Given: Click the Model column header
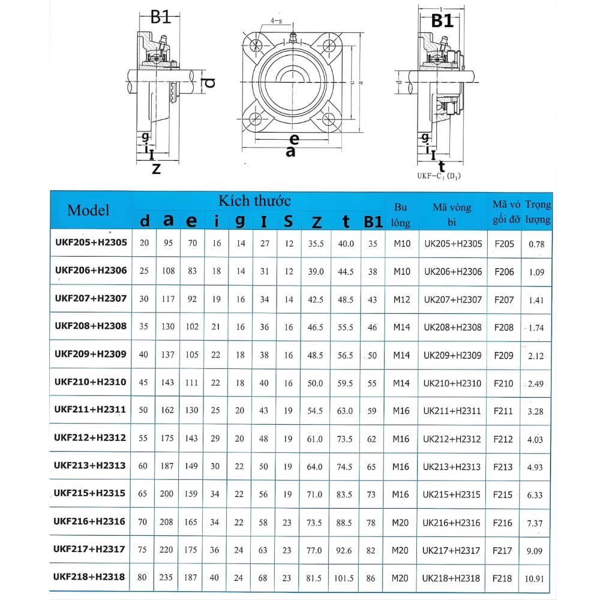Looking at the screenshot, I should coord(88,210).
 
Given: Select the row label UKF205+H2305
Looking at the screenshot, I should coord(90,242).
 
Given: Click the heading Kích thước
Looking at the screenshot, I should coord(254,200).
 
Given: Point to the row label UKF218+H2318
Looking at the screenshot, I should coord(90,577).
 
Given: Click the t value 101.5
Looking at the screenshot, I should coord(345,578).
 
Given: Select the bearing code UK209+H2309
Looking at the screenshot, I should coord(452,355).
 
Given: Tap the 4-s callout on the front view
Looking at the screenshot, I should coord(277,21).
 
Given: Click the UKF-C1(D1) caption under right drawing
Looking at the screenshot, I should coord(439,176).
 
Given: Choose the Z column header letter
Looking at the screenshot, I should coord(316,222).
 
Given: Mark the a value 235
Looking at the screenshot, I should coord(167,578).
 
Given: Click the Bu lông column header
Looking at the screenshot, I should coord(401,215).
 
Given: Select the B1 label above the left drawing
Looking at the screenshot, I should coord(161,17).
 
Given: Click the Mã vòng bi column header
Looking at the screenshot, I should coord(452,215).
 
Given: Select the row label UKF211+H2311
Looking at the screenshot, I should coord(90,410).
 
